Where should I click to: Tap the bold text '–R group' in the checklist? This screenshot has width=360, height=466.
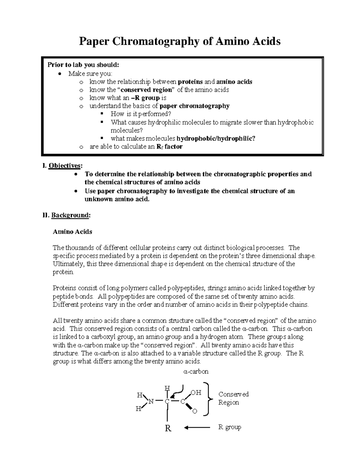pyautogui.click(x=145, y=98)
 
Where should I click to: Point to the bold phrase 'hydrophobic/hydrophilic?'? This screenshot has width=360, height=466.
pyautogui.click(x=216, y=138)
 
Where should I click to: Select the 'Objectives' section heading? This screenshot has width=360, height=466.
pyautogui.click(x=65, y=166)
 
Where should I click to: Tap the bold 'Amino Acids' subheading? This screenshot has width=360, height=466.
pyautogui.click(x=72, y=232)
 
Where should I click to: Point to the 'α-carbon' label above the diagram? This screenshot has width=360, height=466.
pyautogui.click(x=196, y=371)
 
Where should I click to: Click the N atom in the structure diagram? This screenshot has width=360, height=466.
pyautogui.click(x=151, y=401)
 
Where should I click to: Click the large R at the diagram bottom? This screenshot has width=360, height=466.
pyautogui.click(x=168, y=428)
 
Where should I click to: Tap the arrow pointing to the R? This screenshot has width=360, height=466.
pyautogui.click(x=197, y=427)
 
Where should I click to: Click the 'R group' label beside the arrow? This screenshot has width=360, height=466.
pyautogui.click(x=229, y=427)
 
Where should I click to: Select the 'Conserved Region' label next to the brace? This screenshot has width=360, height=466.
pyautogui.click(x=233, y=398)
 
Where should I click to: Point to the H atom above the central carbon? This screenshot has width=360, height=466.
pyautogui.click(x=167, y=388)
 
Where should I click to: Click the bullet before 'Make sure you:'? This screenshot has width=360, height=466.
pyautogui.click(x=60, y=74)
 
